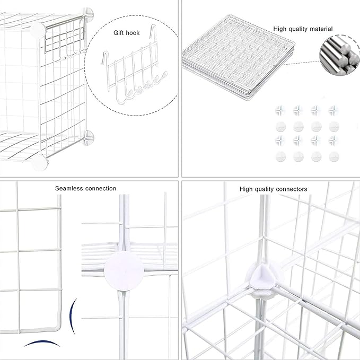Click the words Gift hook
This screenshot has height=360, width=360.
(126, 33)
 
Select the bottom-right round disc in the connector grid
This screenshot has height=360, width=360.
(333, 156)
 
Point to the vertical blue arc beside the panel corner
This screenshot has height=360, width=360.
(75, 315)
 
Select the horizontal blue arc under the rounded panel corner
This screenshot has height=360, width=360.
(41, 344)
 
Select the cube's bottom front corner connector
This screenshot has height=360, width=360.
(39, 163)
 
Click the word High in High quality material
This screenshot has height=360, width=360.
(280, 29)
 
